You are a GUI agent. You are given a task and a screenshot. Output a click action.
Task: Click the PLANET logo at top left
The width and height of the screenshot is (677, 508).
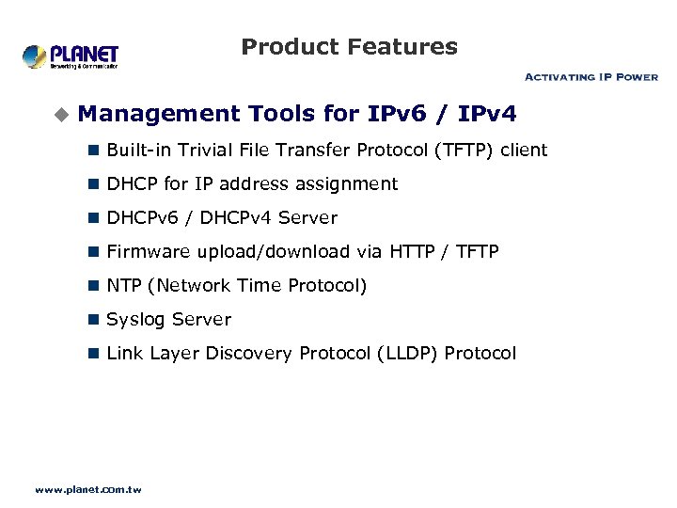(x=71, y=56)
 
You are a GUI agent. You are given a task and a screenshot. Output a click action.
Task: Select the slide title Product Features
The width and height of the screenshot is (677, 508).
(x=349, y=47)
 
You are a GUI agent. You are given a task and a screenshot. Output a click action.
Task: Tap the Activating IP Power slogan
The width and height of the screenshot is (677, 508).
(x=590, y=77)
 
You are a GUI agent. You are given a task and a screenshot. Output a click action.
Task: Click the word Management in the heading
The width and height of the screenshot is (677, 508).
(x=159, y=115)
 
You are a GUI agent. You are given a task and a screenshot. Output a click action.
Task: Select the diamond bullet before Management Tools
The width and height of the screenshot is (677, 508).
(x=61, y=115)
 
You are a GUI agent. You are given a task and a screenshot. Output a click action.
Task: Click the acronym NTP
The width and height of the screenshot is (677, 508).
(x=122, y=286)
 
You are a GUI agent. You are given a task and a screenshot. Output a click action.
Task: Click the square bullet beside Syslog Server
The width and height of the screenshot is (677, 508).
(x=93, y=320)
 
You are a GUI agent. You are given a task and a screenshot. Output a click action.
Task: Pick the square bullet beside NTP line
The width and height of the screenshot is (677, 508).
(x=93, y=286)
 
